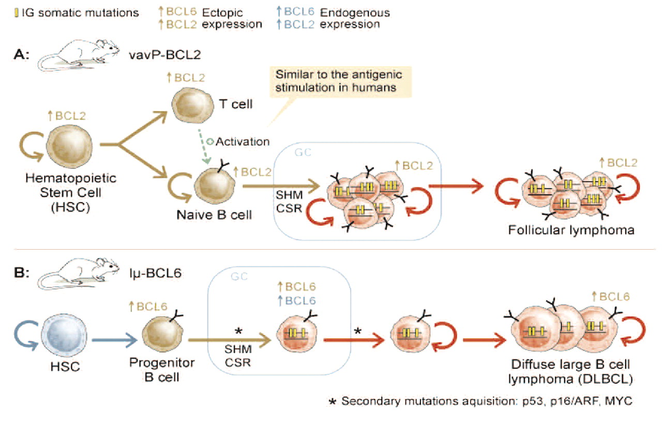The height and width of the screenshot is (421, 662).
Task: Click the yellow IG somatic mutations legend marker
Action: click(17, 12)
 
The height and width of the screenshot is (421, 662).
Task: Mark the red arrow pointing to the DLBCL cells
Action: click(483, 340)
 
